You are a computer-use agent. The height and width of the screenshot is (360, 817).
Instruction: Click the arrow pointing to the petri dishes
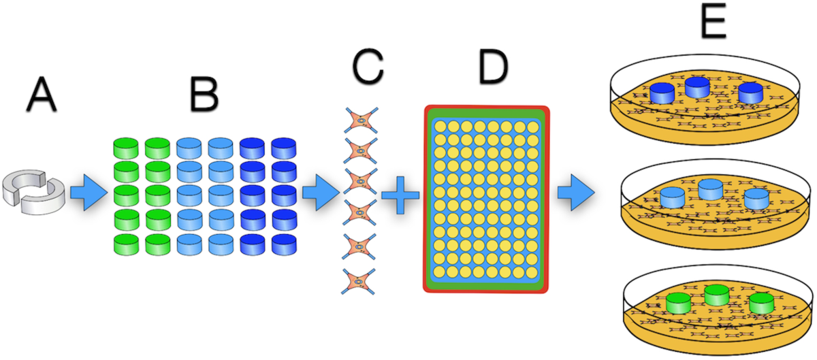[573, 193]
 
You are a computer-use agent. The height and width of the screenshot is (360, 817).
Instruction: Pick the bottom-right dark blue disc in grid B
[283, 244]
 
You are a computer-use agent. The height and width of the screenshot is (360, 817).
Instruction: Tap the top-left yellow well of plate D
[440, 126]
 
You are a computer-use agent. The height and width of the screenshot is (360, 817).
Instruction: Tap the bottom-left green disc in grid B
[125, 244]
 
